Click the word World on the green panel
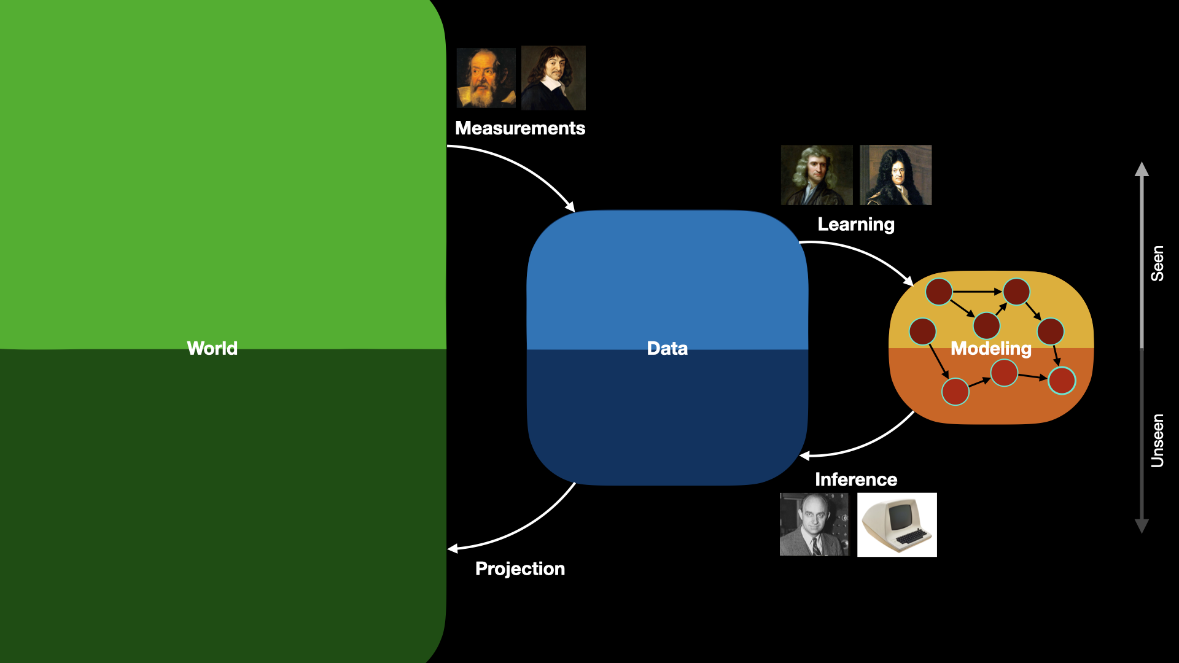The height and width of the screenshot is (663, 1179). pos(212,348)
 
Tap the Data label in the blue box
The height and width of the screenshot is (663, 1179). pos(667,348)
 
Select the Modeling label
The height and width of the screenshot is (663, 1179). pos(990,349)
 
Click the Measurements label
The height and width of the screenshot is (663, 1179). pos(519,128)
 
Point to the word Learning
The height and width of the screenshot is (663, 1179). pos(855,225)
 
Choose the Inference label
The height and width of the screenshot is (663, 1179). pos(855,479)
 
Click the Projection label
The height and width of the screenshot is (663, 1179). pos(519,569)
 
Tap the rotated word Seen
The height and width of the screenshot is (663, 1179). pos(1158,263)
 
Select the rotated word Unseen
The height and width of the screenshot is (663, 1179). pos(1158,440)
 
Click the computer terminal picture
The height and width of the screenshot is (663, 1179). pos(897,524)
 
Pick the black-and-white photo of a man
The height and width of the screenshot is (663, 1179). pos(814,524)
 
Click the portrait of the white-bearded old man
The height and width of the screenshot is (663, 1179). pos(486,78)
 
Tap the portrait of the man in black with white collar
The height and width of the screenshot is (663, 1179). pos(553,78)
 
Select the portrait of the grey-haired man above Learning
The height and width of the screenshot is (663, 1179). pos(817,175)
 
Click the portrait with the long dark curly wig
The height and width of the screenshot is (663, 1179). pos(895,175)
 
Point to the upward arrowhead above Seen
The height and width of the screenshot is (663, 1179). pos(1142,169)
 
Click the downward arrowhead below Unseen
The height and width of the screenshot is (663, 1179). pos(1142,526)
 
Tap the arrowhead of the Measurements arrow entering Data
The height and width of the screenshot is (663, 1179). pos(570,207)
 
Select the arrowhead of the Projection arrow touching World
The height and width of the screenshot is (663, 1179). pos(453,549)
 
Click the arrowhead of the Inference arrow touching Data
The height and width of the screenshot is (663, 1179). pos(804,456)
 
